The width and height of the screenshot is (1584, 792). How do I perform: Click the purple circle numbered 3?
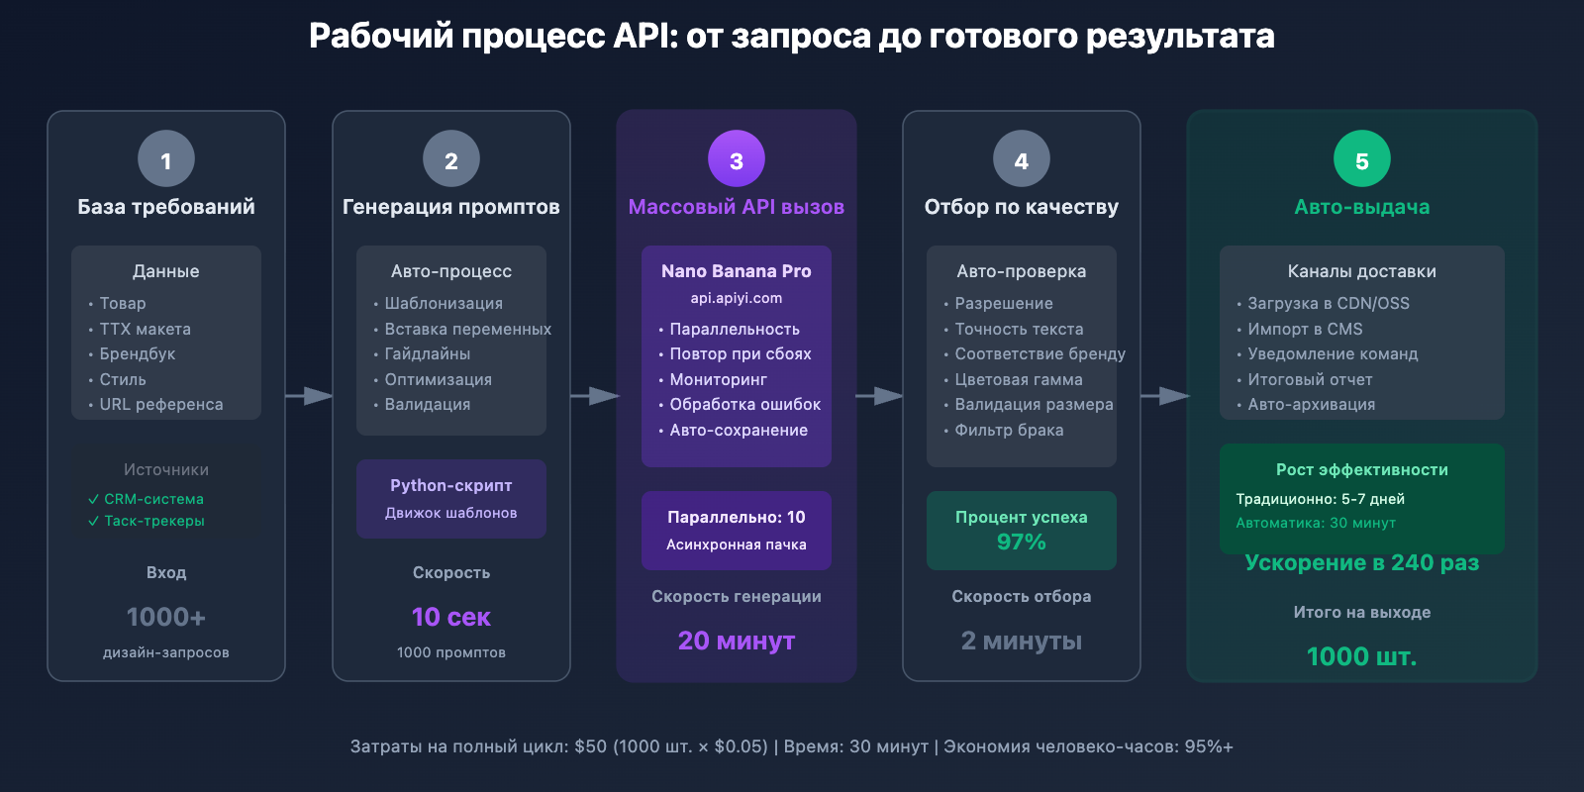pos(737,158)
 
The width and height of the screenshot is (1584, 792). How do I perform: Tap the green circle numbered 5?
pos(1362,158)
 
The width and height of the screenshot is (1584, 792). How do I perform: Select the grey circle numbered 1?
pos(166,158)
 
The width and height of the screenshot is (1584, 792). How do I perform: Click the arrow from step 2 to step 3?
pos(595,396)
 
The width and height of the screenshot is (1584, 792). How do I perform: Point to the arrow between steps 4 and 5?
pos(1165,396)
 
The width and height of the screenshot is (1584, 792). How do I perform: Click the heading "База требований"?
pos(166,207)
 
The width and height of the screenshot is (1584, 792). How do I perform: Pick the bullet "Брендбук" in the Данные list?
pos(137,353)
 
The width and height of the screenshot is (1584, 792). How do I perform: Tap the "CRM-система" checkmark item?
pos(153,499)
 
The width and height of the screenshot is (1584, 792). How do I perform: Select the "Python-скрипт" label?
pos(451,485)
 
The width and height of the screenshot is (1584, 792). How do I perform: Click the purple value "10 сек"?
pos(451,617)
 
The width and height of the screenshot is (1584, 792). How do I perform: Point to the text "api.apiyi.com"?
pos(737,298)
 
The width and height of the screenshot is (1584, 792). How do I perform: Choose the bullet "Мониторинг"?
pos(718,379)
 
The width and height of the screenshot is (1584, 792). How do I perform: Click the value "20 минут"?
pos(737,641)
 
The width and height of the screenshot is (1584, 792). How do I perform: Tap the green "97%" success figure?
pos(1022,542)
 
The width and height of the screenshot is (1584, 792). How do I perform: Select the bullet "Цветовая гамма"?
pos(1018,379)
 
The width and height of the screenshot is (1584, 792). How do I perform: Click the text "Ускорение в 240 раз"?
pos(1362,562)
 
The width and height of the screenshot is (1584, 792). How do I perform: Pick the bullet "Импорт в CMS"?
pos(1305,329)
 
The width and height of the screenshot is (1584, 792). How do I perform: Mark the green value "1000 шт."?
pos(1362,656)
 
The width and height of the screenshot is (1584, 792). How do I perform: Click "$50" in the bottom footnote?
pos(590,746)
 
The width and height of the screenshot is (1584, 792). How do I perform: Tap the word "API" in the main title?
pos(644,36)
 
